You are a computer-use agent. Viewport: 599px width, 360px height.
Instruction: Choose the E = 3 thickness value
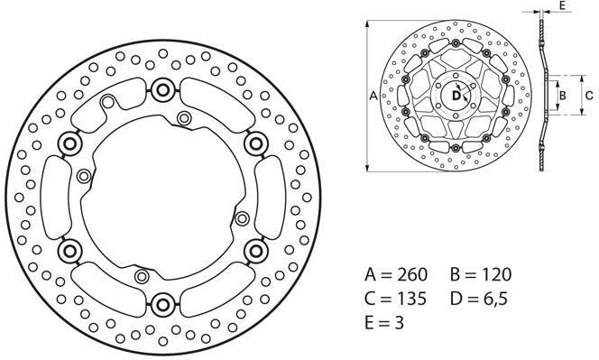pyautogui.click(x=384, y=322)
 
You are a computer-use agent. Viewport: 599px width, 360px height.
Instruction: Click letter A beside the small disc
pyautogui.click(x=373, y=94)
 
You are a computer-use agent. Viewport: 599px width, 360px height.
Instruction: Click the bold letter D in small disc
pyautogui.click(x=456, y=95)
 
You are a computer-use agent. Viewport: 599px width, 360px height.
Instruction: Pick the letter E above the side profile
pyautogui.click(x=562, y=5)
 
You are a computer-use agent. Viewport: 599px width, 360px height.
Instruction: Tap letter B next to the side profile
pyautogui.click(x=560, y=94)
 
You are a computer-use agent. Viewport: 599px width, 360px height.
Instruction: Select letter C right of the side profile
pyautogui.click(x=588, y=94)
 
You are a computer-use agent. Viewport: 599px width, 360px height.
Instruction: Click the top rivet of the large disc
pyautogui.click(x=163, y=88)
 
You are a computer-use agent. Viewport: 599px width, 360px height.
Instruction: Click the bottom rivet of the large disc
pyautogui.click(x=163, y=301)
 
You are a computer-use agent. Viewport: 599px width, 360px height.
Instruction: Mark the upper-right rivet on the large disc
pyautogui.click(x=255, y=142)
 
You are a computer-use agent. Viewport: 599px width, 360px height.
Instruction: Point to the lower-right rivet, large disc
pyautogui.click(x=255, y=248)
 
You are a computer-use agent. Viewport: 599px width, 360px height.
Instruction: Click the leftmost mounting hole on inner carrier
pyautogui.click(x=85, y=176)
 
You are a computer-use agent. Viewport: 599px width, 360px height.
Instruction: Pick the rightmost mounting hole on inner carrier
pyautogui.click(x=241, y=217)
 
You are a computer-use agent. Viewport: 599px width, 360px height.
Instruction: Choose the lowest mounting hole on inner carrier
pyautogui.click(x=140, y=274)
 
